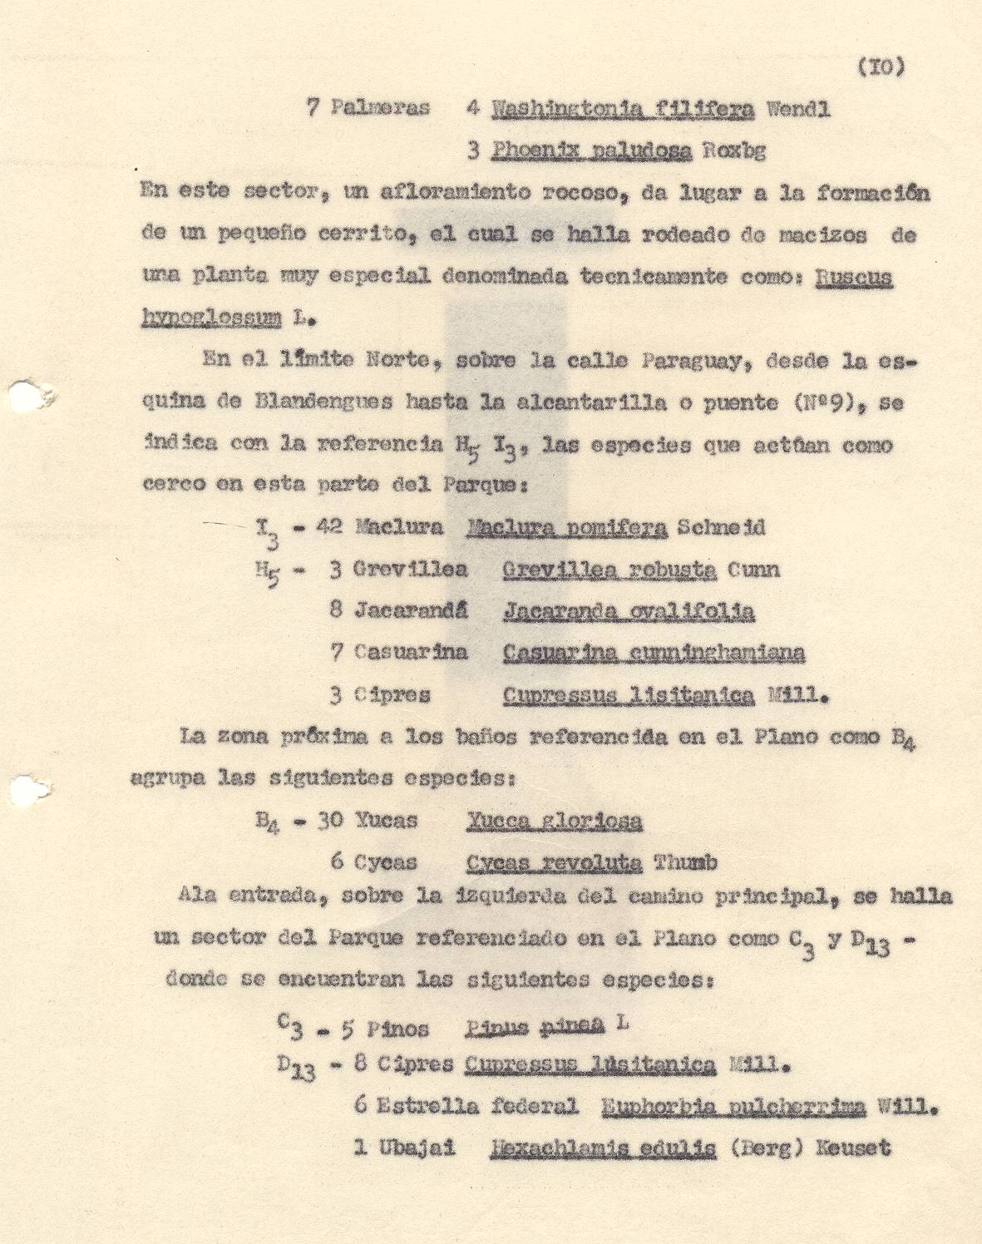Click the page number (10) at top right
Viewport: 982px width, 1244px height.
(x=879, y=67)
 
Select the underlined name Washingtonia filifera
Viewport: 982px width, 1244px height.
(x=623, y=109)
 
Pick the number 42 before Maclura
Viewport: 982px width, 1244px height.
(x=328, y=527)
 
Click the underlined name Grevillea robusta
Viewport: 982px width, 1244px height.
(x=609, y=570)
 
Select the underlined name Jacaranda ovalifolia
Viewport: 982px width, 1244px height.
(x=629, y=611)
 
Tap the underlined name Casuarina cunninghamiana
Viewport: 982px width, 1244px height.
(x=654, y=653)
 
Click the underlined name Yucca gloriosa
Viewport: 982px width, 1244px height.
(x=554, y=821)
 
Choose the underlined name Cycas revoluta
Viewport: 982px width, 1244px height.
(x=554, y=862)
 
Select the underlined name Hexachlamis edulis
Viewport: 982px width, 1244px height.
(x=603, y=1148)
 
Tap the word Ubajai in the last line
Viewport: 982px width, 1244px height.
(x=416, y=1148)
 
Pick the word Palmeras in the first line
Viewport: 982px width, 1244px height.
(x=380, y=109)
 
